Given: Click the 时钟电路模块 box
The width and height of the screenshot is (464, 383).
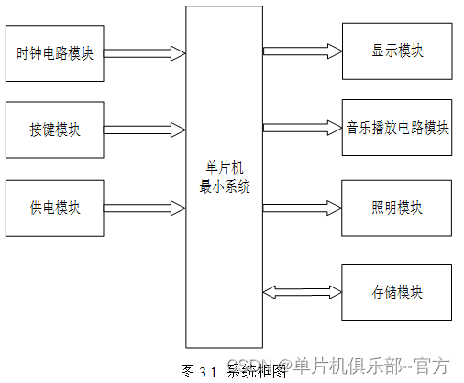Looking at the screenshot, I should (x=54, y=52).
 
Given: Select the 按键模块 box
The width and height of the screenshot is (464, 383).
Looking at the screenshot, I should (x=54, y=130).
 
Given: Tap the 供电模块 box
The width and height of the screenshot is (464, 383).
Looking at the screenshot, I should (x=54, y=208).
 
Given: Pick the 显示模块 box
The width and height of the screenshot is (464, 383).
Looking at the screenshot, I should (x=397, y=51).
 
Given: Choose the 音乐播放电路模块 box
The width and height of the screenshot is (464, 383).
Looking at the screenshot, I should (x=397, y=127).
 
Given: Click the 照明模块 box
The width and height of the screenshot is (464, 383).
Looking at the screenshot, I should (x=397, y=208).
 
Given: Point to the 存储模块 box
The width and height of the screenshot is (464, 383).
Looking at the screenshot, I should (x=397, y=292).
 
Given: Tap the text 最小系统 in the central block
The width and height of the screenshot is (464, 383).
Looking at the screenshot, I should (x=224, y=186).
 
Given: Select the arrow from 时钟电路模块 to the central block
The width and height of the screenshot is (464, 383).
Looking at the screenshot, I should (x=145, y=52).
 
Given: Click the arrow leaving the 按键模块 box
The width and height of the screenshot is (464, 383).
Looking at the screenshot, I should (x=145, y=130).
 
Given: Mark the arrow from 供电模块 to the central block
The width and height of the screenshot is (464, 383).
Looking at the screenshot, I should (x=145, y=208).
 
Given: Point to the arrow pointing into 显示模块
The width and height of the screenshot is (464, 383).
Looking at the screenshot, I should (x=302, y=51).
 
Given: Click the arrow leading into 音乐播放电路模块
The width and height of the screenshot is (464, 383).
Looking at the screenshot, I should (x=302, y=127).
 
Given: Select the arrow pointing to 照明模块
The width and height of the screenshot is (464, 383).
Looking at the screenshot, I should (x=302, y=208).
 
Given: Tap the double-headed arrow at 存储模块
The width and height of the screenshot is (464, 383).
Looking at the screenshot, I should (x=302, y=292).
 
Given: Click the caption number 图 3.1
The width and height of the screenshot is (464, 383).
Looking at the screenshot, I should (x=198, y=372).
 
